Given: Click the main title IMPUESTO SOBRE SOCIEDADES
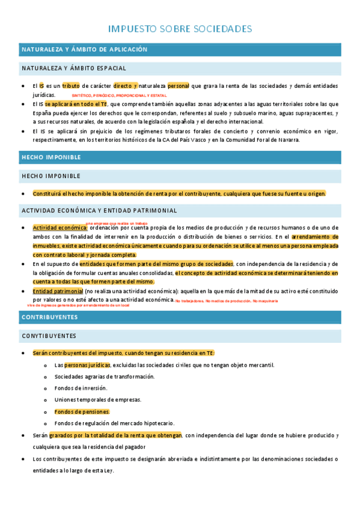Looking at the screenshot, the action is tap(180, 29).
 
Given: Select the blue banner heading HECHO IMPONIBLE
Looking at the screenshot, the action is tap(50, 157).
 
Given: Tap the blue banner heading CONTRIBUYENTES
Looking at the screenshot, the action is tap(49, 316).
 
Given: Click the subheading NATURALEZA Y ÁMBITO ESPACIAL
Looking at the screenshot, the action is tap(73, 69).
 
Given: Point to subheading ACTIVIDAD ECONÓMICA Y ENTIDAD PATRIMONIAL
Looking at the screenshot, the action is tap(99, 210).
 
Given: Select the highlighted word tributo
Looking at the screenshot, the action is tap(71, 86).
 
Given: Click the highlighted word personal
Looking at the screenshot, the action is tap(178, 86).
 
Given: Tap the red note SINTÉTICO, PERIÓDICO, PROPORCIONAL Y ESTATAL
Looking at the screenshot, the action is tap(119, 96).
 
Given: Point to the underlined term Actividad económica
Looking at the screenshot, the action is tap(60, 228).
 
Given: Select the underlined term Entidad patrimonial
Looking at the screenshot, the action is tap(58, 291).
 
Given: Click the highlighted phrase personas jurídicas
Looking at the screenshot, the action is tap(87, 365).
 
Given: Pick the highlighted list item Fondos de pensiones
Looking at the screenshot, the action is tap(82, 412).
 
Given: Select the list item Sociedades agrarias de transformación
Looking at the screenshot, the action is tap(104, 376).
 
